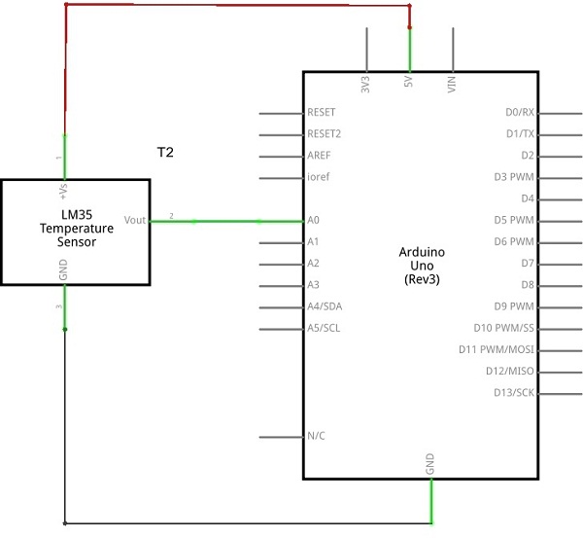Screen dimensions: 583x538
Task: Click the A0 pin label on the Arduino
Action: pos(313,220)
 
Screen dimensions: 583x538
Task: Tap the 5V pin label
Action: pos(408,82)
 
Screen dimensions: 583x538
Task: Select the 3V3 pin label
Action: pos(365,84)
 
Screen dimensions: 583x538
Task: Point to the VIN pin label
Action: pos(452,84)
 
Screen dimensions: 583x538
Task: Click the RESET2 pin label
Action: pos(324,133)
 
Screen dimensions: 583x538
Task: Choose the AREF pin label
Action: pos(319,156)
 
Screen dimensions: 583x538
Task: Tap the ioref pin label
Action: pos(319,176)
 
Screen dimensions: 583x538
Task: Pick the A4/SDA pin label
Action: pos(325,306)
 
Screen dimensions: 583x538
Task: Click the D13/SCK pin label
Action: pos(514,392)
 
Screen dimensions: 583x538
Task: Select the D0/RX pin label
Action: pos(520,112)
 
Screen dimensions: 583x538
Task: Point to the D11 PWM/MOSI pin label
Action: pos(497,349)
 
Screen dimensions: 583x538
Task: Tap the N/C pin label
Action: pos(316,436)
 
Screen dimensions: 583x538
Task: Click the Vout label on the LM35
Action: pos(135,220)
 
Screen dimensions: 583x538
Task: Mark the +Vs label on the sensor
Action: pos(63,191)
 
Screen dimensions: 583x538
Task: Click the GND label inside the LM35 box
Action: pos(63,269)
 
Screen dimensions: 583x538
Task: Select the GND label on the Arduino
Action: pos(429,464)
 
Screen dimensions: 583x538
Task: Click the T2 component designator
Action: pos(165,153)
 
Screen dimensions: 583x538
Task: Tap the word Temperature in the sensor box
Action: pos(77,229)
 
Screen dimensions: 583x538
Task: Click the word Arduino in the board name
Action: pos(422,252)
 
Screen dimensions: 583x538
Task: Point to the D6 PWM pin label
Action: pos(514,241)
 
